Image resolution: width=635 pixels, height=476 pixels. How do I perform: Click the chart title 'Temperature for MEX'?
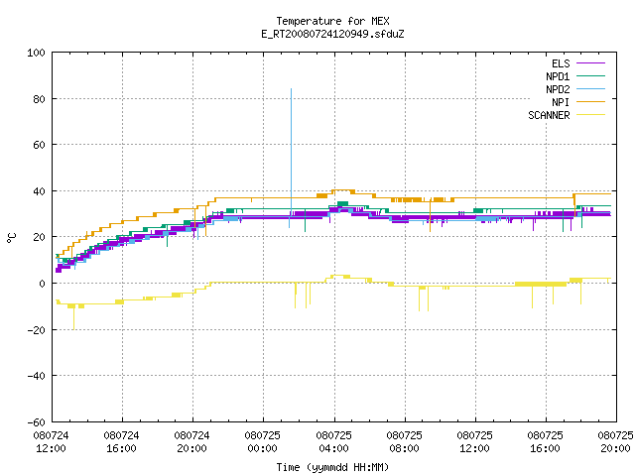pos(332,21)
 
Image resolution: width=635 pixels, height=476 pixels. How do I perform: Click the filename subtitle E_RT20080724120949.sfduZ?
pos(332,34)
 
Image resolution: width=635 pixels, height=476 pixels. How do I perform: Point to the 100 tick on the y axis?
pos(36,53)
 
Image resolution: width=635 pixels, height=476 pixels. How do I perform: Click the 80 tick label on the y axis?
pos(39,99)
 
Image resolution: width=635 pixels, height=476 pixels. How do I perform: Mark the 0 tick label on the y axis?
pos(42,284)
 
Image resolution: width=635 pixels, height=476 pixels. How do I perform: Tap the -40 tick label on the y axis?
pos(36,376)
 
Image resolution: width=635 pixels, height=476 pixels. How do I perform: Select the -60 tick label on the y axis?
pos(36,422)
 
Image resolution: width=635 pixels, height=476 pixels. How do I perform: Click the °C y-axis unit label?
pos(12,238)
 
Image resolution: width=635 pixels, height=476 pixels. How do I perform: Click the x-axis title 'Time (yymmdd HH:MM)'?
pos(332,467)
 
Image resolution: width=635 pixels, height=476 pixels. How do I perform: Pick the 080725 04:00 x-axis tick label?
pos(333,442)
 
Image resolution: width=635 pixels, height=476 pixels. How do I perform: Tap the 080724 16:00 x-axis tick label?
pos(121,442)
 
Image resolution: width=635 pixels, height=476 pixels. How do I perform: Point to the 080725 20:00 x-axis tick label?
pos(615,442)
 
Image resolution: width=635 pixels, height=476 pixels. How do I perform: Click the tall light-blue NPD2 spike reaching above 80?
pos(291,150)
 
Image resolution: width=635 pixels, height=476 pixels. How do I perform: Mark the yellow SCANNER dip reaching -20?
pos(73,317)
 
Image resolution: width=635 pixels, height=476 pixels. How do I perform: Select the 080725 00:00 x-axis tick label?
pos(262,442)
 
